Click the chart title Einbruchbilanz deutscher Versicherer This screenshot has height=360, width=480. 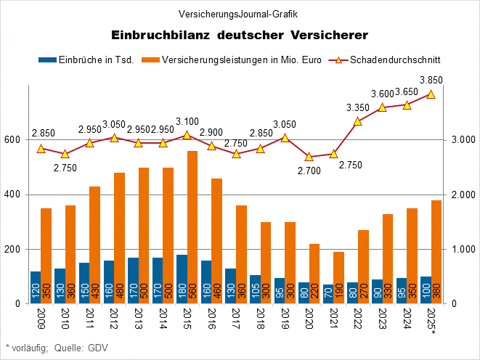[240, 35]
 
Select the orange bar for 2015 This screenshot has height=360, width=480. [192, 227]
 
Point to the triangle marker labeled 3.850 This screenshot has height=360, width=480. [431, 94]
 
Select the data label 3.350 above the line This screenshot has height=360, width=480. [357, 108]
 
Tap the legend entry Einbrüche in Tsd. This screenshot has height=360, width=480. [86, 60]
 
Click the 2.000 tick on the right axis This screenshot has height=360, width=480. [465, 195]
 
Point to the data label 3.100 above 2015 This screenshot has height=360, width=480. [187, 121]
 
